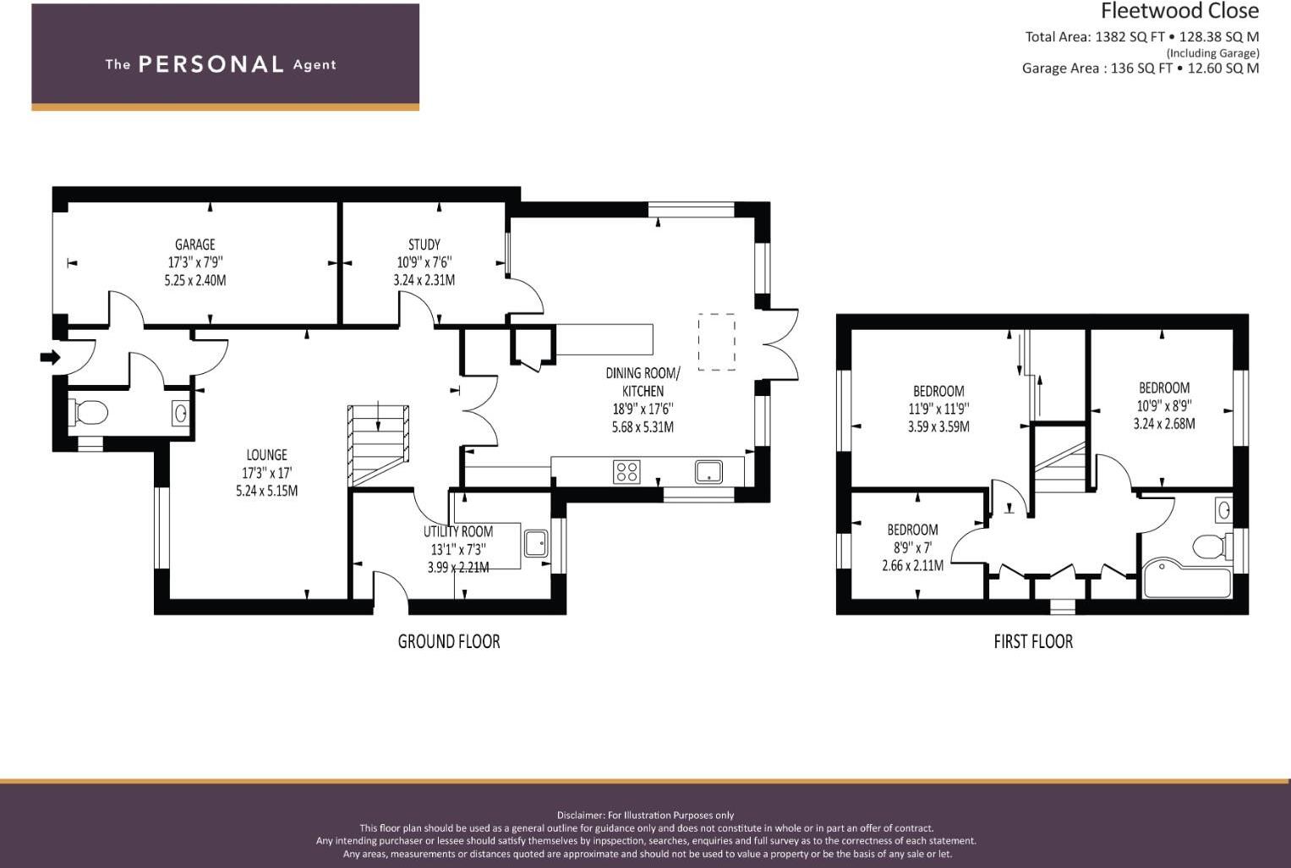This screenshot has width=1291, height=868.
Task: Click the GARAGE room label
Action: [194, 245]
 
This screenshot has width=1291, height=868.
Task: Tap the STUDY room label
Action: [424, 245]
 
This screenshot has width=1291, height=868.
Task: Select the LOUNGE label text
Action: [266, 455]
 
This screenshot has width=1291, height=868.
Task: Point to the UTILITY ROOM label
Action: [458, 532]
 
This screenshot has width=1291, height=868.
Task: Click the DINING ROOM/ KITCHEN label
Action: [643, 382]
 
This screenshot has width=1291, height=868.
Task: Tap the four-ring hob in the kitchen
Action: [626, 471]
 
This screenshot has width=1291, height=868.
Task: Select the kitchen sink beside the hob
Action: [708, 471]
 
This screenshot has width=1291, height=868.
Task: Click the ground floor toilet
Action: [88, 413]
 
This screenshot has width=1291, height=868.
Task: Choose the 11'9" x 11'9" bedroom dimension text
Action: [938, 409]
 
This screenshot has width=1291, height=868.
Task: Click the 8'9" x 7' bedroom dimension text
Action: [912, 547]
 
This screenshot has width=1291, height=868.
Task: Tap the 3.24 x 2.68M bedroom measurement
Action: [1164, 424]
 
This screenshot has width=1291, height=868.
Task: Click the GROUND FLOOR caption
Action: [449, 642]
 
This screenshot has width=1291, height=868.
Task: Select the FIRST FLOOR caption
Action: [1033, 642]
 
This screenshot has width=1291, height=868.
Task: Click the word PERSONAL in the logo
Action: [211, 64]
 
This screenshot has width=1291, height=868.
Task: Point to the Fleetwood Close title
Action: [1179, 11]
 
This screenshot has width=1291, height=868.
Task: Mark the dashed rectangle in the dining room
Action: [717, 342]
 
